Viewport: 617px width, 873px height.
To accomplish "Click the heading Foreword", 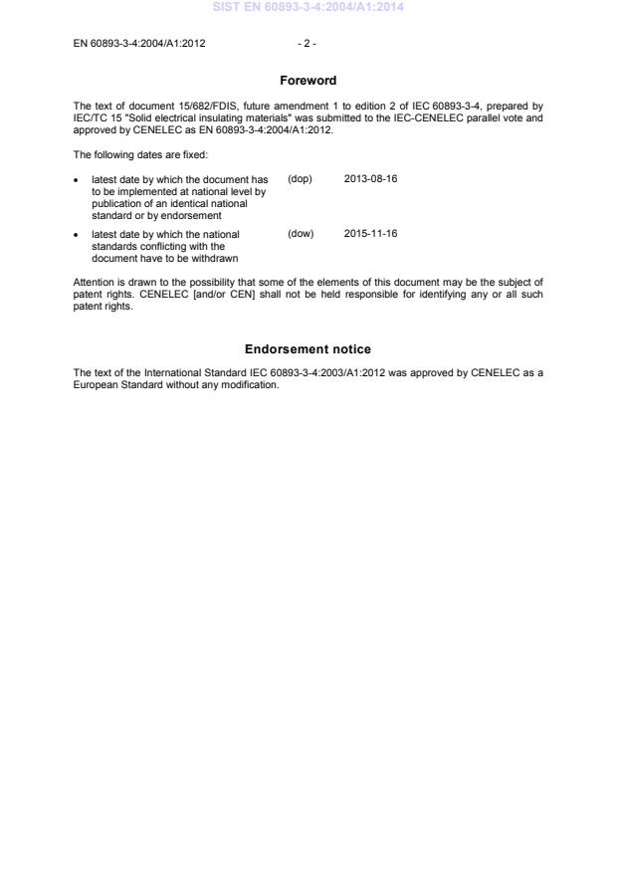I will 308,81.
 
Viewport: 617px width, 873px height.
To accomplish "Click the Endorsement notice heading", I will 308,349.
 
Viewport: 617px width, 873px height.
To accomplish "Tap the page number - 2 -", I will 308,44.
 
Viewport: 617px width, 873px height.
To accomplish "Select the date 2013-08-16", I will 370,179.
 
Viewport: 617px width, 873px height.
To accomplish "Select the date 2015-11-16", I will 370,234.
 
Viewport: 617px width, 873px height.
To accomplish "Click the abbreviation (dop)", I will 300,179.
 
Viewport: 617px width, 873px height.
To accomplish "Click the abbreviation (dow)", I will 301,234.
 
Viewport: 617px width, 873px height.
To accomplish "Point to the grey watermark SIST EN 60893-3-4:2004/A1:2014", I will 308,8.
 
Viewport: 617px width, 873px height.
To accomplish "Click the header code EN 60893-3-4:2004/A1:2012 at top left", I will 139,44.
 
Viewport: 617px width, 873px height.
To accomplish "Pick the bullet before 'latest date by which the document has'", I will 78,180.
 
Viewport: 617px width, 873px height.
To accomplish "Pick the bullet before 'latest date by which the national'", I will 78,235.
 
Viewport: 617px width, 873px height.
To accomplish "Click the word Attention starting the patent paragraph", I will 95,282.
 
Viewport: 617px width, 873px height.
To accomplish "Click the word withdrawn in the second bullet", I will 214,259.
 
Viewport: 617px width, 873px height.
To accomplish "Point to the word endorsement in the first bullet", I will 193,215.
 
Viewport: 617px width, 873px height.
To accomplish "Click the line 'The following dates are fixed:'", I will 140,154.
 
